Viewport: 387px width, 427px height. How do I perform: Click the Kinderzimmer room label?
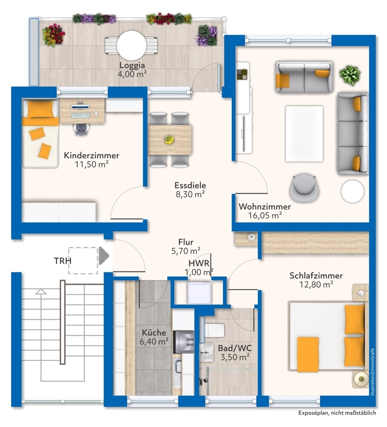91,155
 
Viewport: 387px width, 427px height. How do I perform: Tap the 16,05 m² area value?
265,215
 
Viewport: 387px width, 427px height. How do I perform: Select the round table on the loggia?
132,46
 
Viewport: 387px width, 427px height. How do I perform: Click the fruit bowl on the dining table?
169,140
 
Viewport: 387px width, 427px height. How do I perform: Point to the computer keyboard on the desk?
80,115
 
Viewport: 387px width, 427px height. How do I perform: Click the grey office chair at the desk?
81,129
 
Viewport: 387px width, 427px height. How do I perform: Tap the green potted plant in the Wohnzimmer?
350,76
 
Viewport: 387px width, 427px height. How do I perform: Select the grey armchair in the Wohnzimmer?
304,187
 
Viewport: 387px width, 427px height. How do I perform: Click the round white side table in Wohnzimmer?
352,191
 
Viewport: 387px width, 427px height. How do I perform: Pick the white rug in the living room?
304,134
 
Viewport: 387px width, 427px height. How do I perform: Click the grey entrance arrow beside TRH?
104,256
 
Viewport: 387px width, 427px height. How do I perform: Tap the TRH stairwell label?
63,261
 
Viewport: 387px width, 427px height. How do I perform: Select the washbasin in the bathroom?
207,352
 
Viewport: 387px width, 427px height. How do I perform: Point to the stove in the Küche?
184,342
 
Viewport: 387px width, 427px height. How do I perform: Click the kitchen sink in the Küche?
178,366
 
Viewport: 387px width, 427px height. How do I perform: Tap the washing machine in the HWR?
199,293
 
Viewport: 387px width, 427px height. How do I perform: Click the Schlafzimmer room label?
316,275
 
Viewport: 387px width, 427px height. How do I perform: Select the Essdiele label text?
190,185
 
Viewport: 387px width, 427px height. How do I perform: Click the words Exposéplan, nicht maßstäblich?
337,413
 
